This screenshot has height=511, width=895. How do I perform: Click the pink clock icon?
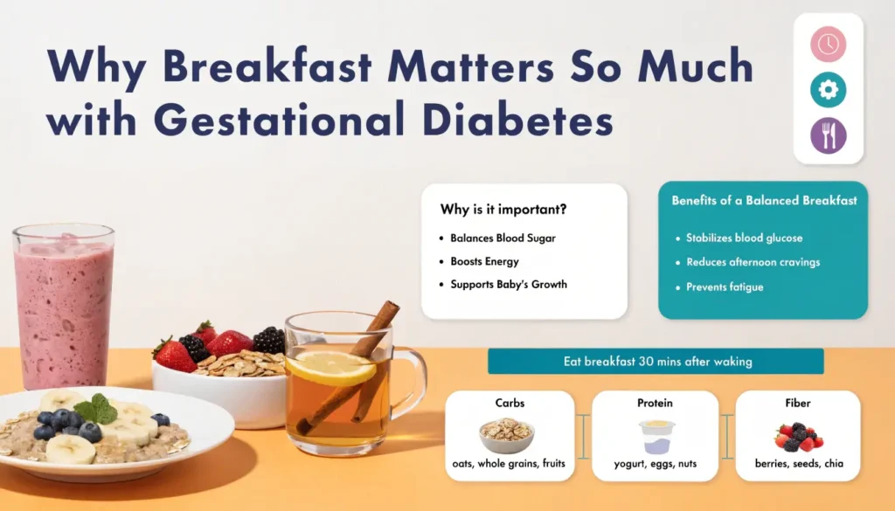point(828,44)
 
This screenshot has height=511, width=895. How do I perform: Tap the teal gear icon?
point(828,90)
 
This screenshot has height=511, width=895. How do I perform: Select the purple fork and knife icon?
point(828,136)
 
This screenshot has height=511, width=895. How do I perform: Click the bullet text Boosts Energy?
point(484,261)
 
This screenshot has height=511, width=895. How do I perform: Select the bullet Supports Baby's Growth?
point(509,284)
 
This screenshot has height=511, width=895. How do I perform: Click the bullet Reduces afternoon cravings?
point(753,262)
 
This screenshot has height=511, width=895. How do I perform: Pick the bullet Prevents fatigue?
point(725,287)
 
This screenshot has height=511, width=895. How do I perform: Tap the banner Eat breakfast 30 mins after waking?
point(656,361)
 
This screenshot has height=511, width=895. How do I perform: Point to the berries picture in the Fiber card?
point(799,435)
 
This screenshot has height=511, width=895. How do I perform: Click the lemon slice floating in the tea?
point(331,368)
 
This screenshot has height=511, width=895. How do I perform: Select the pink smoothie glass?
point(63,306)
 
